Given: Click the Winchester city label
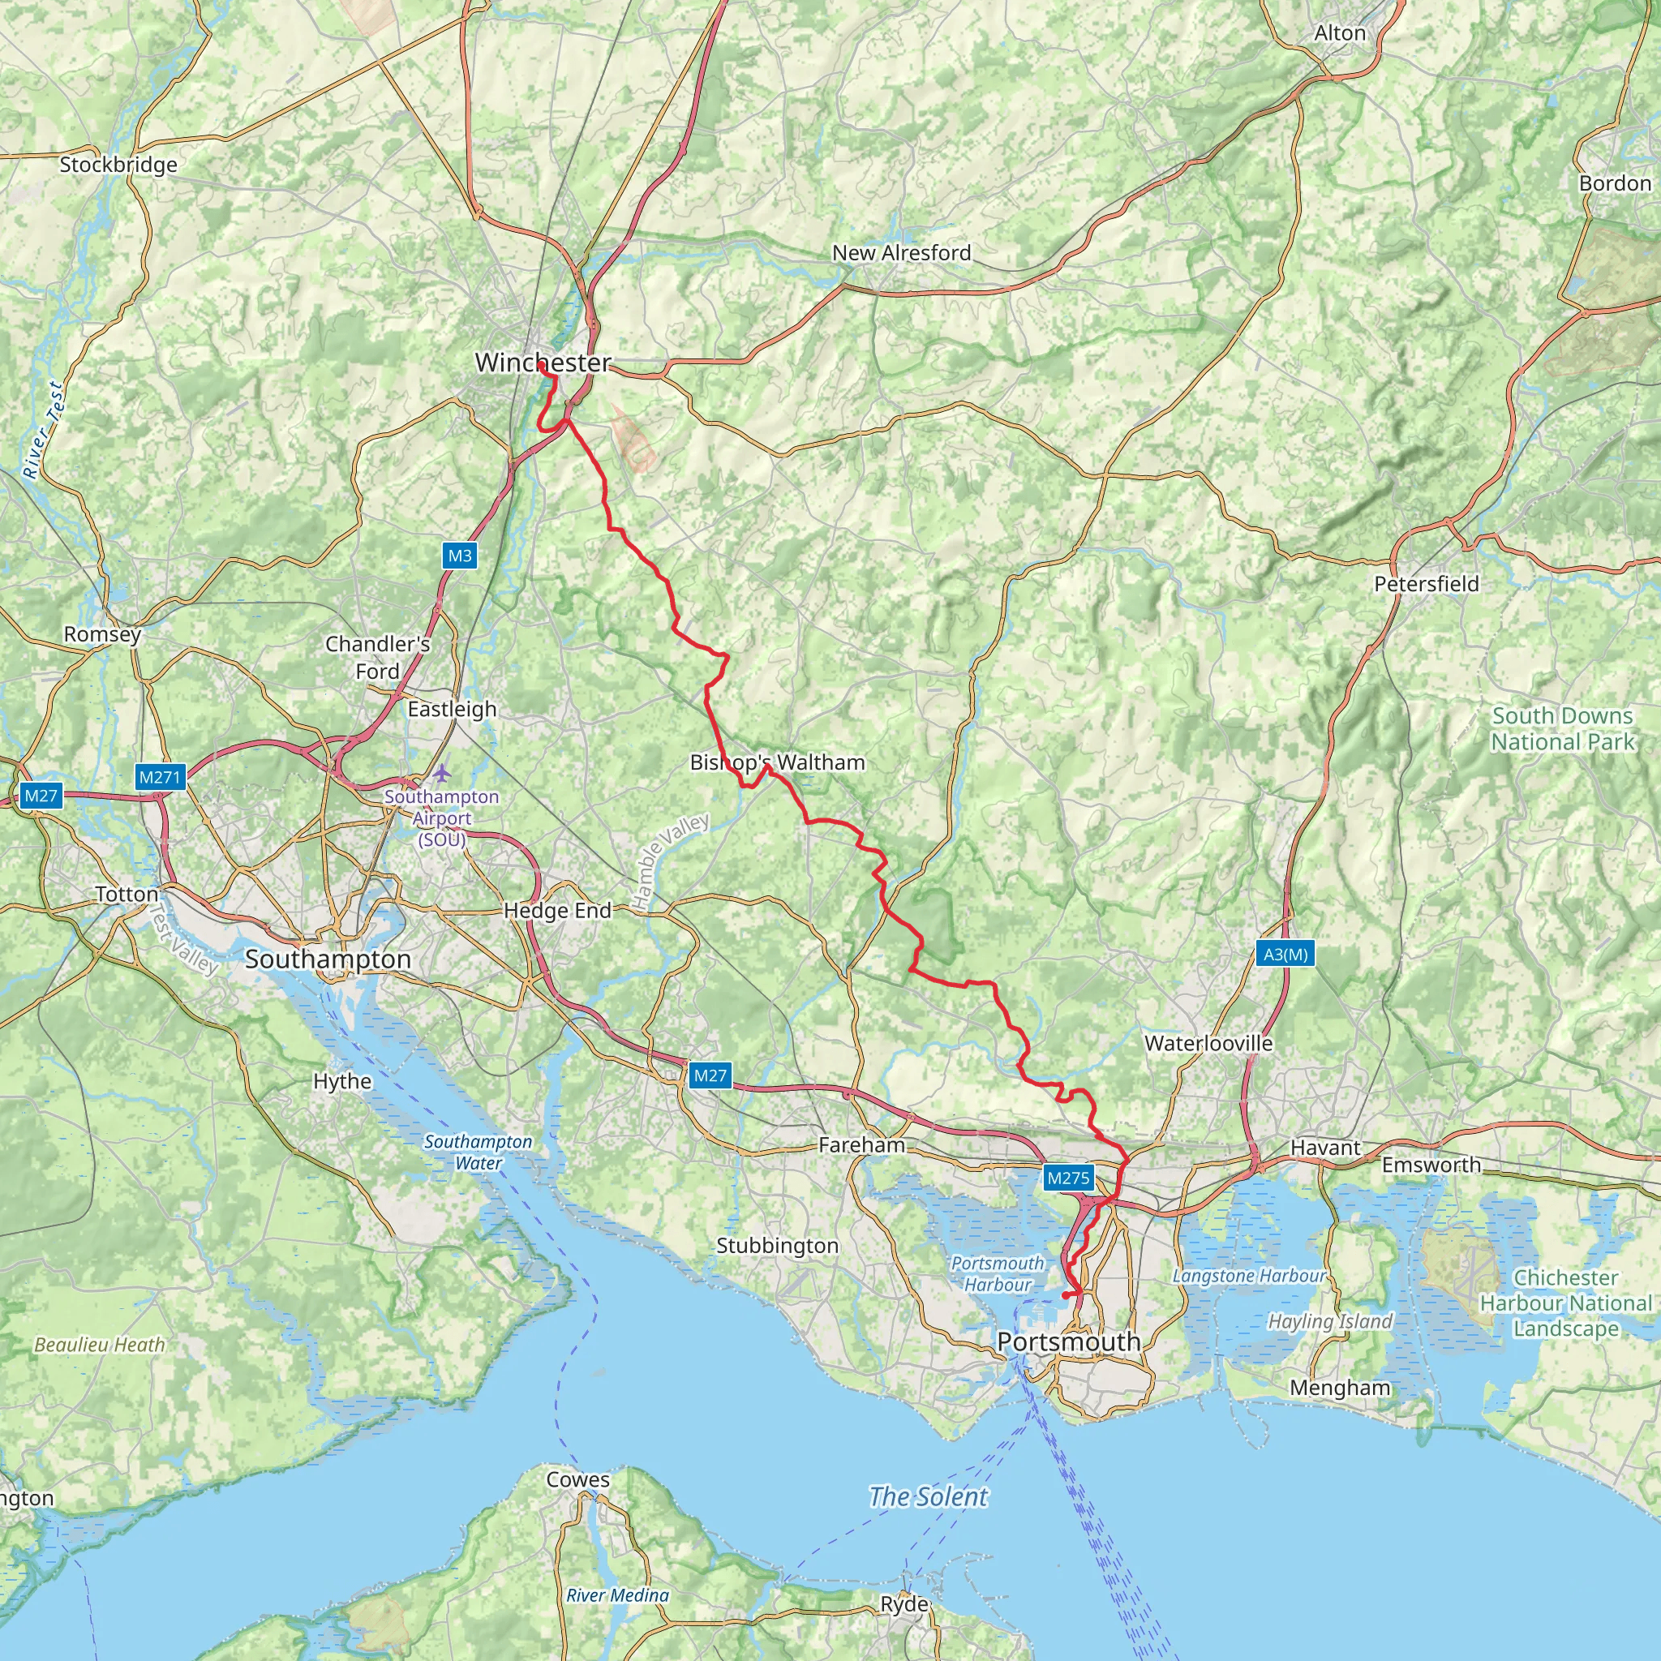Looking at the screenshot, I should pyautogui.click(x=543, y=363).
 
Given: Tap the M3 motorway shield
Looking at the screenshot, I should pyautogui.click(x=459, y=556).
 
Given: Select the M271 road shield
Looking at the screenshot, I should pyautogui.click(x=160, y=777).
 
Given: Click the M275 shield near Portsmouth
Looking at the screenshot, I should pyautogui.click(x=1068, y=1178).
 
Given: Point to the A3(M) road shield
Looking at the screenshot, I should pyautogui.click(x=1285, y=954).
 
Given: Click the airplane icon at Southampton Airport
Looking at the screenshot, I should pyautogui.click(x=441, y=773).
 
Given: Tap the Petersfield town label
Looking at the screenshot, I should pyautogui.click(x=1427, y=584).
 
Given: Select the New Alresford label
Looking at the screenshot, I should pyautogui.click(x=901, y=253).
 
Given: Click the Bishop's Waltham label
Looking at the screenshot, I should pyautogui.click(x=777, y=762).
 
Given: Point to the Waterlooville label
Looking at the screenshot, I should pyautogui.click(x=1208, y=1043).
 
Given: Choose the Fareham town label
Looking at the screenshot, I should pyautogui.click(x=861, y=1144).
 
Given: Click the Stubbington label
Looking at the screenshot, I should pyautogui.click(x=777, y=1245).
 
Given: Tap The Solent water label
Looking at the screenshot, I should pyautogui.click(x=928, y=1497).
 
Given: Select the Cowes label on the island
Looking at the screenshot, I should pyautogui.click(x=577, y=1479).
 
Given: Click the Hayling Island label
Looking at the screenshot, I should pyautogui.click(x=1329, y=1321).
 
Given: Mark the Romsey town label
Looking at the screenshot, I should pyautogui.click(x=102, y=633).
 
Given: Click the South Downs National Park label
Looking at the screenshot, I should pyautogui.click(x=1562, y=728).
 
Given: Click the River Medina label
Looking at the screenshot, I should pyautogui.click(x=617, y=1594).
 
